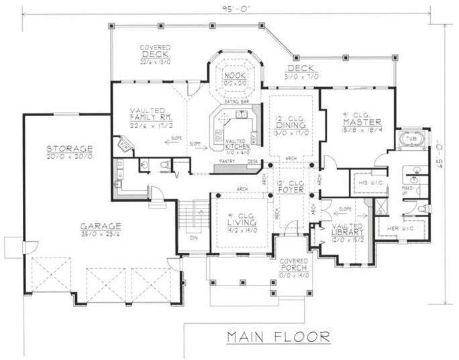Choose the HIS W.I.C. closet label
pyautogui.click(x=366, y=182)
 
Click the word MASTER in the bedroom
pyautogui.click(x=362, y=122)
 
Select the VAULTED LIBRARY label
pyautogui.click(x=348, y=232)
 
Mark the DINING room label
pyautogui.click(x=291, y=125)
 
